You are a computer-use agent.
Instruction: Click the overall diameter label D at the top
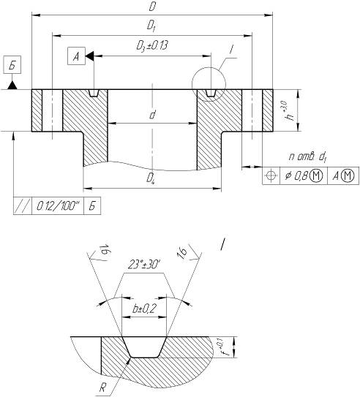pyautogui.click(x=152, y=7)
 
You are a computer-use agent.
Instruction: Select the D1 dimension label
pyautogui.click(x=151, y=26)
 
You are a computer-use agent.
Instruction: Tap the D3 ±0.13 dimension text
pyautogui.click(x=152, y=46)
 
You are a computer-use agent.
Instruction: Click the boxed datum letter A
pyautogui.click(x=77, y=56)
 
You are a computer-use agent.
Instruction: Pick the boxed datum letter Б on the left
pyautogui.click(x=12, y=65)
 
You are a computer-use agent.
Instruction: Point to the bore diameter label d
pyautogui.click(x=152, y=115)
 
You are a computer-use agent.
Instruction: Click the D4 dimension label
pyautogui.click(x=151, y=178)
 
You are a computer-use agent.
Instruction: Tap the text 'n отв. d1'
pyautogui.click(x=308, y=157)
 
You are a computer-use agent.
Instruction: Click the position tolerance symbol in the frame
pyautogui.click(x=271, y=175)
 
